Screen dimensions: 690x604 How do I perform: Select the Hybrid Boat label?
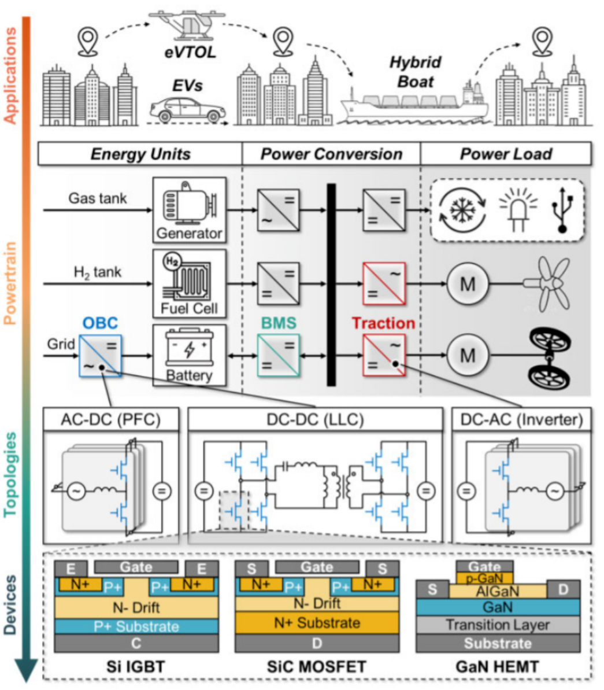[415, 72]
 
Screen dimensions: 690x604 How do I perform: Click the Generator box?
[189, 209]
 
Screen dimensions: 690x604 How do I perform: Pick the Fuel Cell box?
[189, 283]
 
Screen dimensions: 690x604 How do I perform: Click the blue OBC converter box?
[102, 356]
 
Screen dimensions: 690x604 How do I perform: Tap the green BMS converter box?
[278, 356]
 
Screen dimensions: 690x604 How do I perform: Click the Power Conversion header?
[331, 154]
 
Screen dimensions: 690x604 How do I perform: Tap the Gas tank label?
[98, 198]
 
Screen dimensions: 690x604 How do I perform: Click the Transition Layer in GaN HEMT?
[498, 625]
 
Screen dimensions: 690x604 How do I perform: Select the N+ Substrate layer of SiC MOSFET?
[317, 623]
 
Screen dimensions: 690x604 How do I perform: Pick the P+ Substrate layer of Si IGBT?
[136, 626]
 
